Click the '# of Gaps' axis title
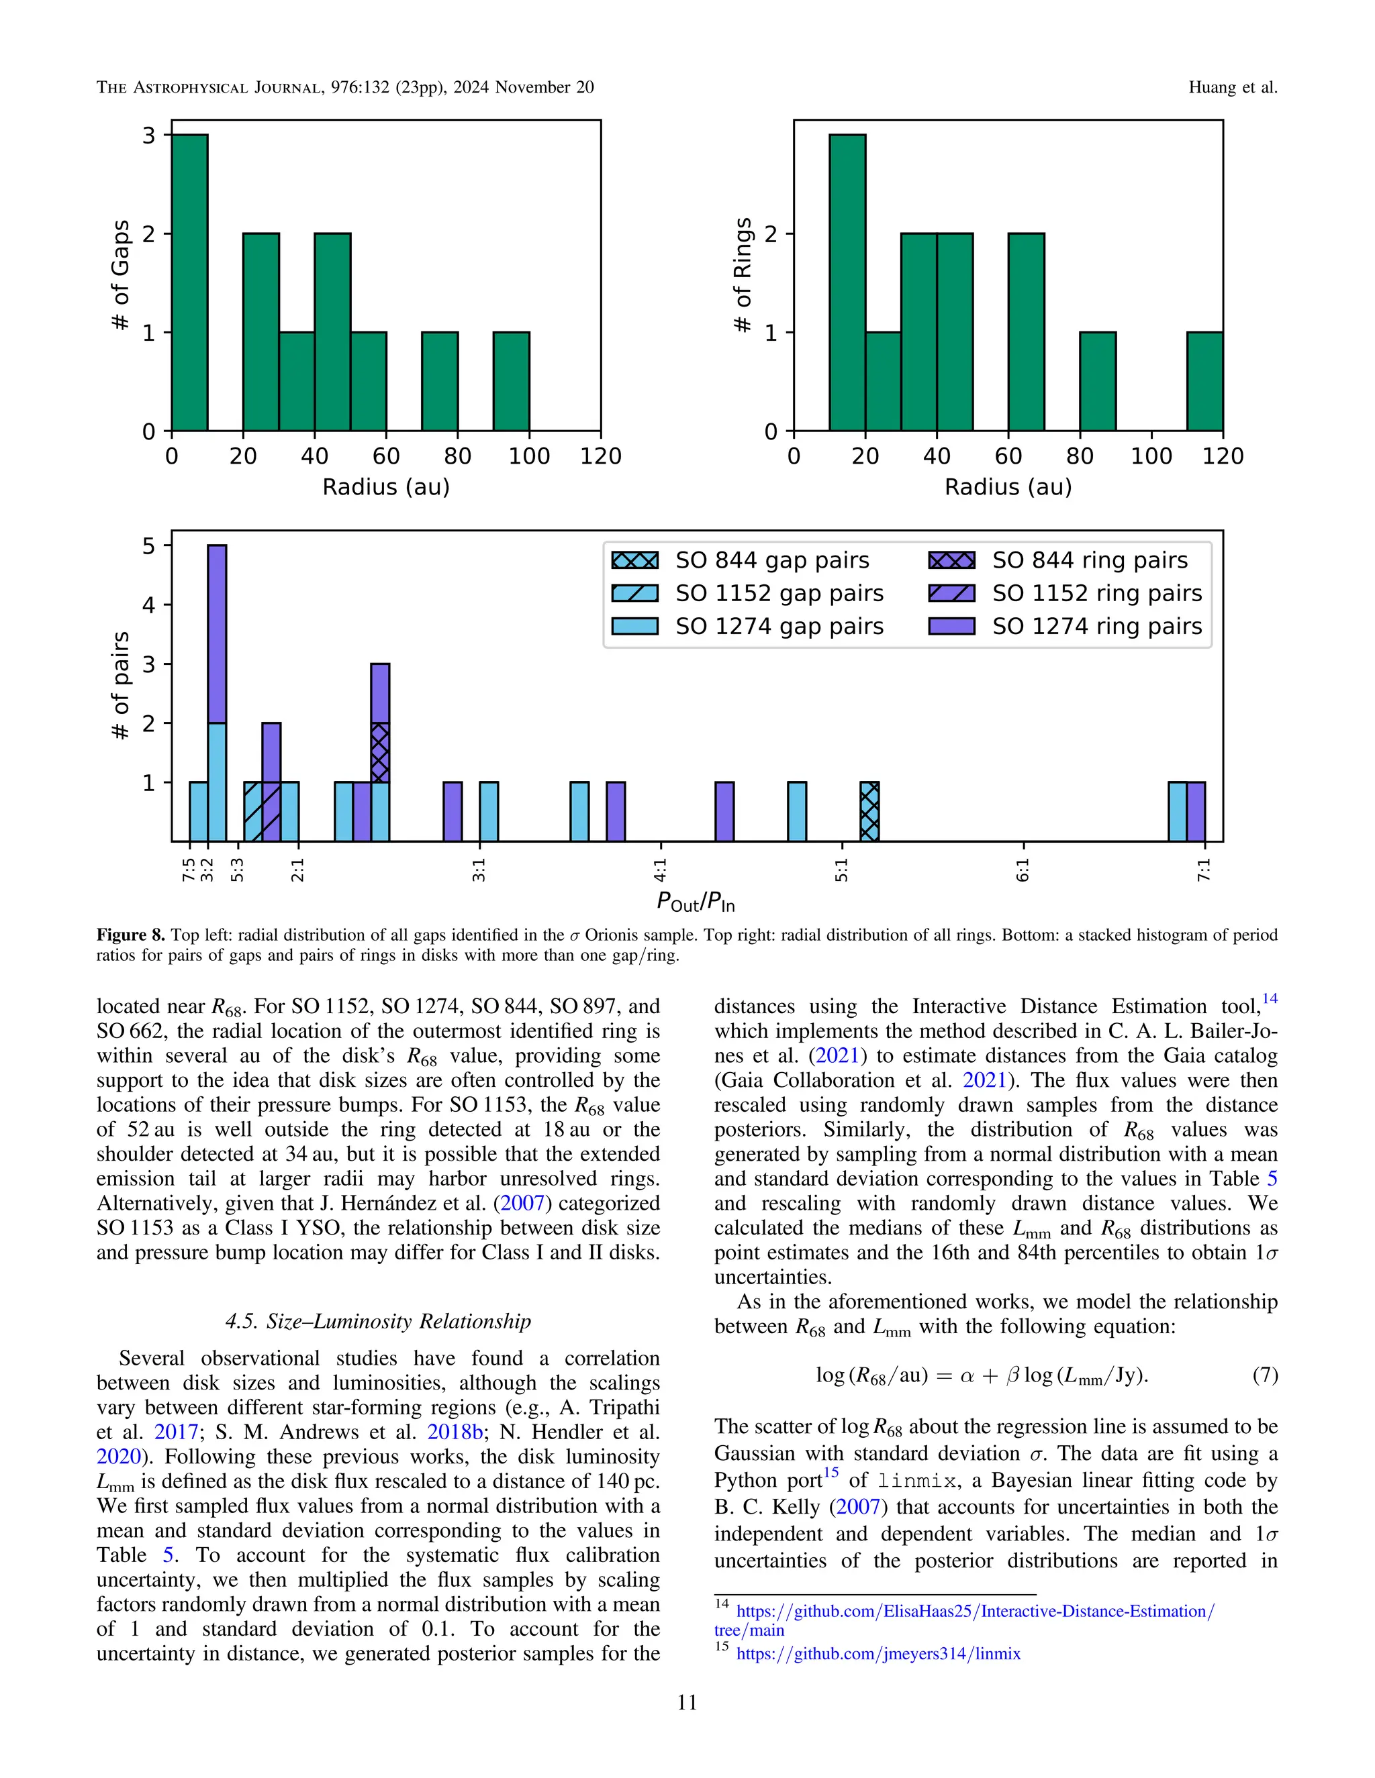click(121, 275)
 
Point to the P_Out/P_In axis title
click(696, 902)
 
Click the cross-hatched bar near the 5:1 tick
click(869, 812)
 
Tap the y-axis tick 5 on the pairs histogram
click(148, 545)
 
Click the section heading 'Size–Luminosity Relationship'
click(378, 1320)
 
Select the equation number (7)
click(1264, 1375)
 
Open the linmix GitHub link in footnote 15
click(878, 1653)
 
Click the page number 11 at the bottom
click(687, 1702)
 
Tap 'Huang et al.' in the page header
click(1233, 87)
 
